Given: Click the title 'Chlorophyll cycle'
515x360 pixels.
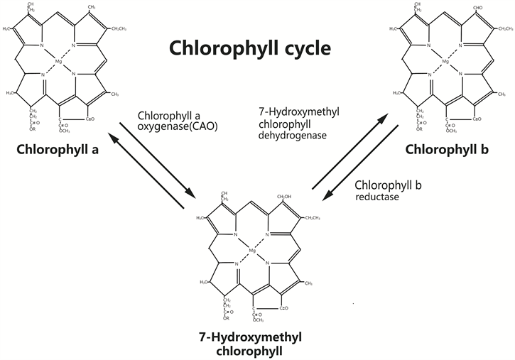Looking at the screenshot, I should point(250,49).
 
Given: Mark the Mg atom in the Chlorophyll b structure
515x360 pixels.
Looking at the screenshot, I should point(445,62).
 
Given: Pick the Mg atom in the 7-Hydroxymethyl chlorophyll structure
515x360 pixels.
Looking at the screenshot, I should point(252,250).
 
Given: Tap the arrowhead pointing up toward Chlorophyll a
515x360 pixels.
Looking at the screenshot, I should point(112,132).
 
